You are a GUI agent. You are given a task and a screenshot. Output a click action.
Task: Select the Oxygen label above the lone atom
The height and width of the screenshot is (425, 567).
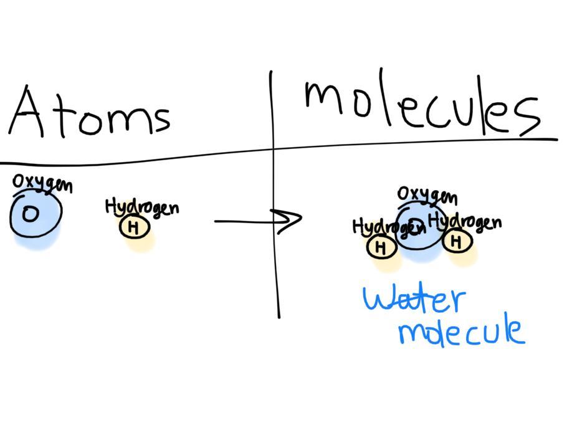(42, 183)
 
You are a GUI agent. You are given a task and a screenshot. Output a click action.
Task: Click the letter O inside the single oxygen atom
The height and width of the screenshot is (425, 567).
(29, 214)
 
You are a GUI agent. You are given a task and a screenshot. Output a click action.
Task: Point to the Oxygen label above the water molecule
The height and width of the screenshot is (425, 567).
(427, 196)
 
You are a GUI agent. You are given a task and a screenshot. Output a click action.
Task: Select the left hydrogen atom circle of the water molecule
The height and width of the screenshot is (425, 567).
(381, 247)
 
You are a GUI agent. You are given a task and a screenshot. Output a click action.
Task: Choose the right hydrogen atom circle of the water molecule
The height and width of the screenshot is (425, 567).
(457, 241)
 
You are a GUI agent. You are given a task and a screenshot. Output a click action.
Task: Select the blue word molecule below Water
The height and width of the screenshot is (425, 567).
(461, 331)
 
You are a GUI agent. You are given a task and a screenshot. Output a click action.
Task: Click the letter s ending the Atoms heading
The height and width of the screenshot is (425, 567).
(161, 118)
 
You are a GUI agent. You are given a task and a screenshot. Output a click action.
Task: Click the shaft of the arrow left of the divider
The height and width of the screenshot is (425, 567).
(243, 221)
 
